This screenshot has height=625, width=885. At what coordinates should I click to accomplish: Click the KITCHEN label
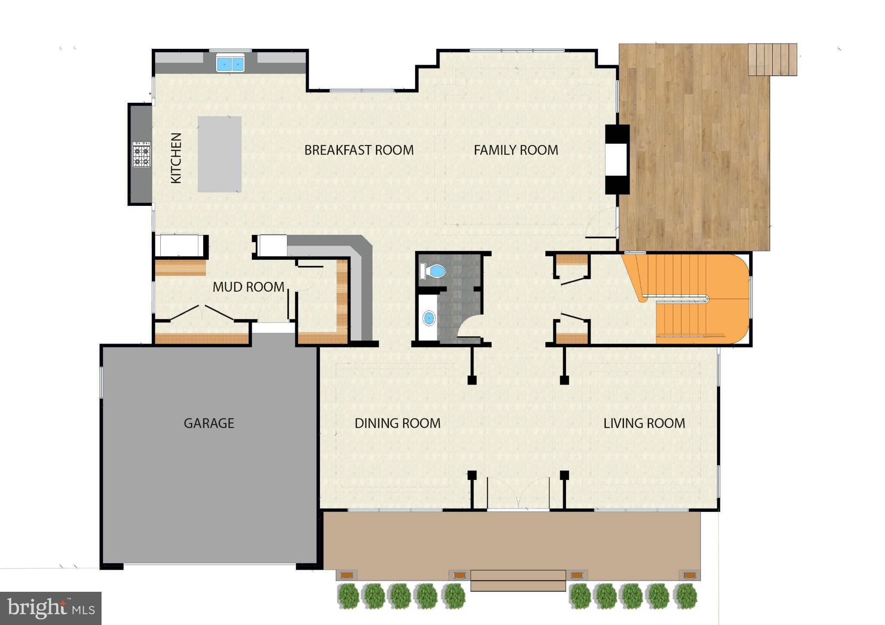point(176,158)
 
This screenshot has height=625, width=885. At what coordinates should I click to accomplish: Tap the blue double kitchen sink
point(230,64)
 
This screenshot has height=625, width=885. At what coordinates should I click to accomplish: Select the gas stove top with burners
point(142,155)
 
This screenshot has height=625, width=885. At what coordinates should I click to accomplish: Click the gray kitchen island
point(220,154)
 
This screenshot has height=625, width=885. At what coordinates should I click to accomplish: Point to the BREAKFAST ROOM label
point(359,150)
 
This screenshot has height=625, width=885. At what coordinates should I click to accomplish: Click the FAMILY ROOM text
point(516,150)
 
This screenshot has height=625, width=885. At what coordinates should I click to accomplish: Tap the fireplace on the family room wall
point(616,159)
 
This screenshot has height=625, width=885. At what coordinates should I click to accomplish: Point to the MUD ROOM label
point(248,287)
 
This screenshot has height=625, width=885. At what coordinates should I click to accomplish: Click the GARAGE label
point(209,423)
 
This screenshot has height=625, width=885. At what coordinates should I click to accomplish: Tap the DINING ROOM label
point(398,423)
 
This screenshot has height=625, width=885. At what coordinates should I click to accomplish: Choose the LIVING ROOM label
point(644,423)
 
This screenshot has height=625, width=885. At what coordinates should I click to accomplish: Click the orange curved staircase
point(700,298)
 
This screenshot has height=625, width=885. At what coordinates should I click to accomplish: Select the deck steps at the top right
point(772,60)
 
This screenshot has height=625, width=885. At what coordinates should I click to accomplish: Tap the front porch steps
point(518,580)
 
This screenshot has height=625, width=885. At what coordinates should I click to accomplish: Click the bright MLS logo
point(51,608)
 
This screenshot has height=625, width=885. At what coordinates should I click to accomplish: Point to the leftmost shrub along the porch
point(348,596)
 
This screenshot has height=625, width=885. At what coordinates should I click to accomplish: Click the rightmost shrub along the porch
point(685,596)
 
